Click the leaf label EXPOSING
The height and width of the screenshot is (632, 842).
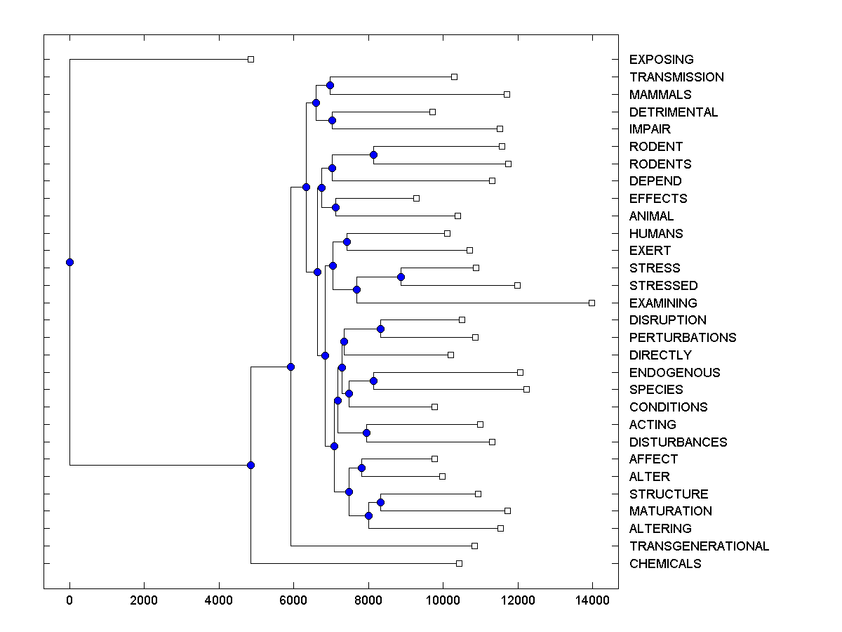[661, 60]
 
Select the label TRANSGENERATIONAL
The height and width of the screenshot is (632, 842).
[699, 546]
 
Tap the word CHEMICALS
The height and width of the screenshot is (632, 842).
[664, 563]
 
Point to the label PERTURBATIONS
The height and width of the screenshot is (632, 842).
[682, 337]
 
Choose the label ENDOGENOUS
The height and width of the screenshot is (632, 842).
[674, 372]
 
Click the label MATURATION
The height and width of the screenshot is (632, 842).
[670, 511]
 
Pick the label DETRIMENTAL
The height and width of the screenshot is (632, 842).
[673, 112]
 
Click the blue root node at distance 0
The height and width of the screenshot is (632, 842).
[69, 262]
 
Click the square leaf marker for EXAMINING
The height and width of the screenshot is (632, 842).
[592, 303]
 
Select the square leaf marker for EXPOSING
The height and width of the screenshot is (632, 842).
[250, 59]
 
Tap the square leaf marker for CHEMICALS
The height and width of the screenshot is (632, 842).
[459, 563]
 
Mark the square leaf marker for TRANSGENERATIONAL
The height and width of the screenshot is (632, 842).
[474, 546]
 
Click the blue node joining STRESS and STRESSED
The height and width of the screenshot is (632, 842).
[401, 277]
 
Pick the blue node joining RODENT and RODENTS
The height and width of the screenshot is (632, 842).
[374, 154]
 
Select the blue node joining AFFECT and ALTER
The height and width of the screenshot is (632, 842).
[361, 468]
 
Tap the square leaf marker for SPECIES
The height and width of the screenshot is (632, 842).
[526, 389]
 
